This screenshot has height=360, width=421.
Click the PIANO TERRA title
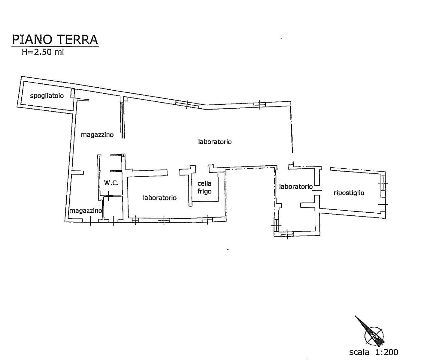pyautogui.click(x=55, y=40)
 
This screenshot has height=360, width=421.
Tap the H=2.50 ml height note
pyautogui.click(x=43, y=52)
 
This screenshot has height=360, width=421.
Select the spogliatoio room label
pyautogui.click(x=47, y=96)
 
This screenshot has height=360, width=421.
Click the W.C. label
pyautogui.click(x=111, y=183)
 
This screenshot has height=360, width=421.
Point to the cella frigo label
pyautogui.click(x=204, y=187)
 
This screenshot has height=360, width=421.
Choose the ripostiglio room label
pyautogui.click(x=349, y=193)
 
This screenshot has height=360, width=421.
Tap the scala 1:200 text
pyautogui.click(x=374, y=352)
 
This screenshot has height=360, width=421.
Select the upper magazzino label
pyautogui.click(x=97, y=135)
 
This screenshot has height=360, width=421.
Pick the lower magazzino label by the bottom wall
pyautogui.click(x=86, y=211)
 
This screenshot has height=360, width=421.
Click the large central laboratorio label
pyautogui.click(x=215, y=142)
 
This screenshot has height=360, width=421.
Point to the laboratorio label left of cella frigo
pyautogui.click(x=160, y=198)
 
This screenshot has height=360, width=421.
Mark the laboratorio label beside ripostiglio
pyautogui.click(x=296, y=186)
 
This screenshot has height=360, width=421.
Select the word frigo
pyautogui.click(x=204, y=191)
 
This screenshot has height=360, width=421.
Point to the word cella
pyautogui.click(x=204, y=183)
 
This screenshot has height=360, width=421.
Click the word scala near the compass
pyautogui.click(x=359, y=352)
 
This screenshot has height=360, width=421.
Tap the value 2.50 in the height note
pyautogui.click(x=42, y=52)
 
